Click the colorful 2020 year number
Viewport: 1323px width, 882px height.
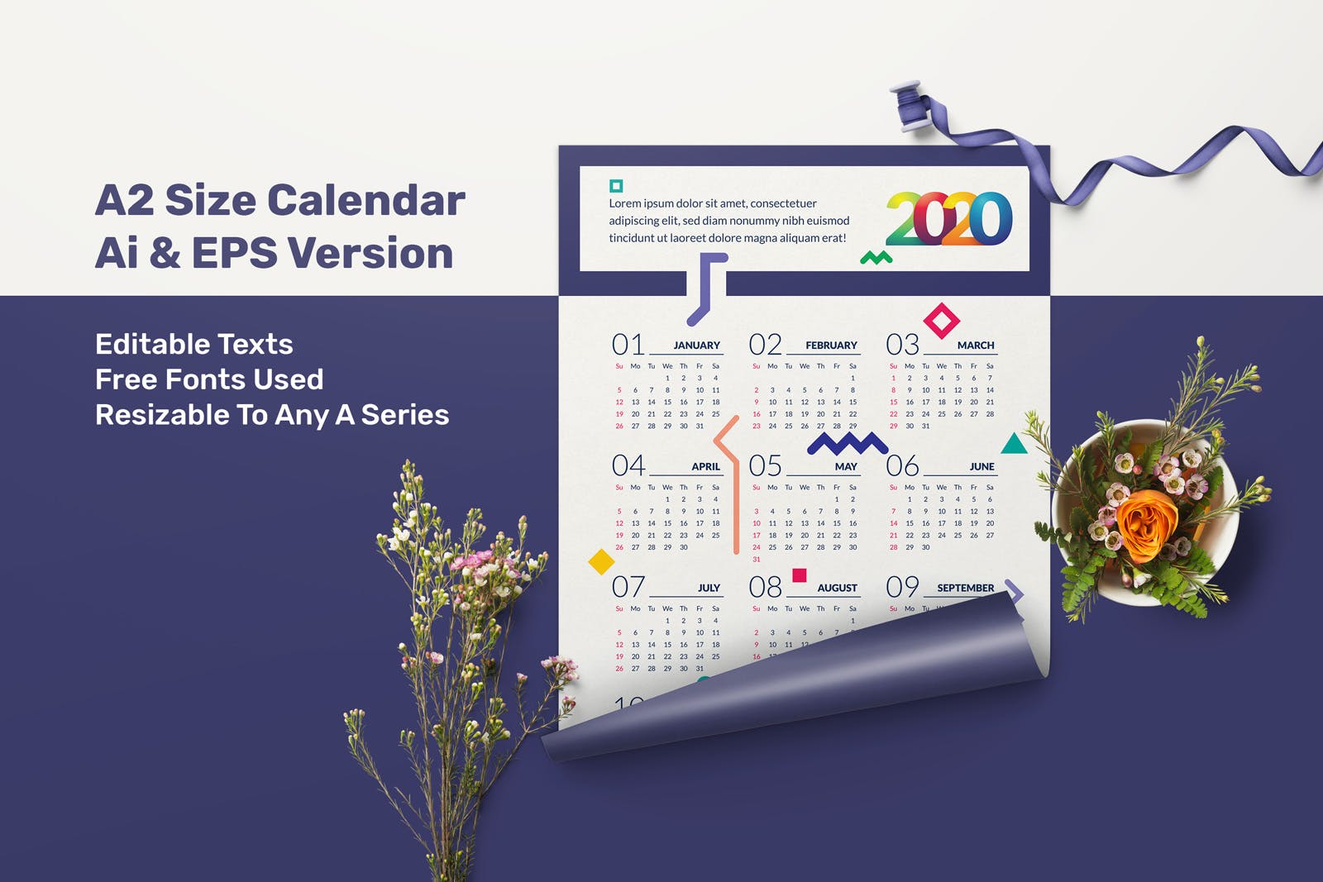coord(948,219)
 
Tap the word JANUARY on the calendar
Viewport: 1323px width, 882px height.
coord(696,346)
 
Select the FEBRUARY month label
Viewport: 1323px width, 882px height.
coord(831,346)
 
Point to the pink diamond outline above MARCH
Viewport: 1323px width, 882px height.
coord(941,321)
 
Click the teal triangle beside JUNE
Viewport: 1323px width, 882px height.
coord(1014,445)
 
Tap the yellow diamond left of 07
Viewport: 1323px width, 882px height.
coord(601,561)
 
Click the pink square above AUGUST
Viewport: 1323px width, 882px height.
coord(799,575)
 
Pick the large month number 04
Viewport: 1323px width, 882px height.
coord(628,465)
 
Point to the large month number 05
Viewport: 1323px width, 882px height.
coord(765,465)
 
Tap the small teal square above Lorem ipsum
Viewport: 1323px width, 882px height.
coord(615,186)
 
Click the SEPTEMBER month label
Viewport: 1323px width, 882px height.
coord(965,588)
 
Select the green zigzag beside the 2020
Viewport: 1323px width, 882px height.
coord(876,258)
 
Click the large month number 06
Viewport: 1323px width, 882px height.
coord(902,465)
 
